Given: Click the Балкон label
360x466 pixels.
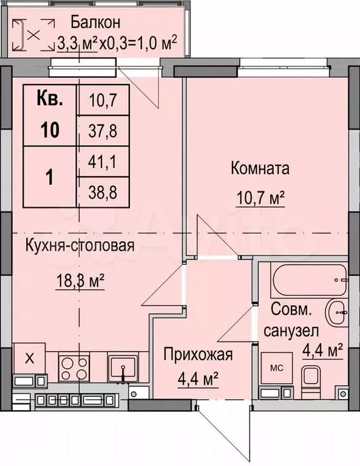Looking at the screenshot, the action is tap(95, 22).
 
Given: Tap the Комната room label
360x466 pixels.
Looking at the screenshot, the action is tap(260, 168).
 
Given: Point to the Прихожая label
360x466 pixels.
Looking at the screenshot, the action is tap(198, 354).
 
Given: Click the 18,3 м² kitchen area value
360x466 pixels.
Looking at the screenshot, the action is tap(80, 281).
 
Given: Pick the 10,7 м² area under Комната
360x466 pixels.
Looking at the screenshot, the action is tap(260, 197).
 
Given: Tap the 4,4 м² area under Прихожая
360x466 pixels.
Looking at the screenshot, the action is tap(198, 380).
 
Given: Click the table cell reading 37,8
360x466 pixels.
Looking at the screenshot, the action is tap(103, 131).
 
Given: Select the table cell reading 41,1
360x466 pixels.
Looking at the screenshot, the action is tap(103, 162).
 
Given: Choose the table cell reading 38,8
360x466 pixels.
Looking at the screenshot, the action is tap(103, 193).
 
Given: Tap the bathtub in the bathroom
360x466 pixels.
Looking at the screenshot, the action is tap(308, 279).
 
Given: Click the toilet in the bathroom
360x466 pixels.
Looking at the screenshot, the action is tap(310, 382).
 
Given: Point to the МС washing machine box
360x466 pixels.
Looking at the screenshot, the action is tap(276, 368).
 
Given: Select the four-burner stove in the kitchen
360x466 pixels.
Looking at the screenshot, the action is tap(74, 368).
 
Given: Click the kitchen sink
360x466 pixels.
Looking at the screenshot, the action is tap(123, 368).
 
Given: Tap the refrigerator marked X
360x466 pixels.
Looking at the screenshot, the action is tap(29, 358).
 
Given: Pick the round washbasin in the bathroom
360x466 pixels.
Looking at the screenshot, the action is tap(336, 313).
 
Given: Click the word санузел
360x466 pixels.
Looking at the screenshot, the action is tap(291, 331).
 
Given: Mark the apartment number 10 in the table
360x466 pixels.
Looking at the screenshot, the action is tap(50, 130).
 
